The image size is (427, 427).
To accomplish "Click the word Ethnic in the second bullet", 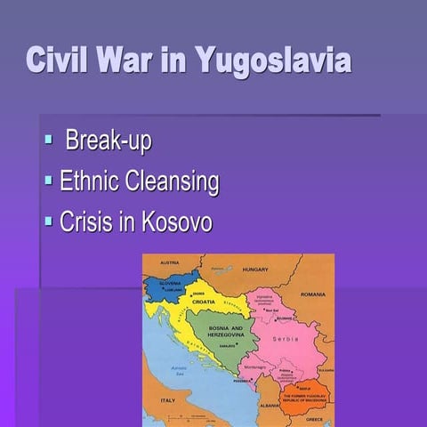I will click(x=93, y=181).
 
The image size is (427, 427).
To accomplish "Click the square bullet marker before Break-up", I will click(x=49, y=139).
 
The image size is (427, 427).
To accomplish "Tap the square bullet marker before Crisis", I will click(x=49, y=221).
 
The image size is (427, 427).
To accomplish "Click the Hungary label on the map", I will click(x=255, y=268).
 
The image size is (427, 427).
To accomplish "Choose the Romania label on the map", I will click(x=313, y=294).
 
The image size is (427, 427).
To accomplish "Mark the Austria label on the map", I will click(x=169, y=262).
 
